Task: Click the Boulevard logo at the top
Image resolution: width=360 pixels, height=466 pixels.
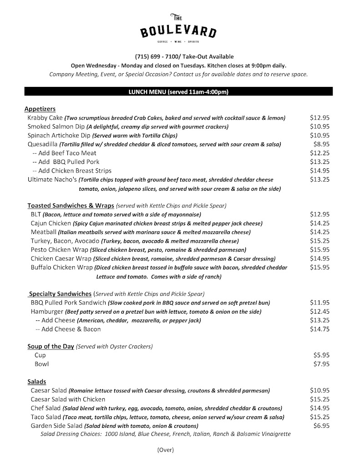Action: [178, 28]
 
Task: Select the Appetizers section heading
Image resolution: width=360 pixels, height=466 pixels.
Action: [40, 109]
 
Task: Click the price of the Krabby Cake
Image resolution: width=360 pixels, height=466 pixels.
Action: [319, 118]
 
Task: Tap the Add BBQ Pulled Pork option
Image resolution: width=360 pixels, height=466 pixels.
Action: [66, 162]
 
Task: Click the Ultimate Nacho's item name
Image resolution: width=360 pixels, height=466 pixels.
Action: [52, 179]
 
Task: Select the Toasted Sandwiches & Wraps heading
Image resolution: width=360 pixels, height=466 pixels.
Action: [71, 205]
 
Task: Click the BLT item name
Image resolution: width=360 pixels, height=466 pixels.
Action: [36, 214]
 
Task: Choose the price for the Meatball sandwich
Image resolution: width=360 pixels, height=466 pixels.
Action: [319, 232]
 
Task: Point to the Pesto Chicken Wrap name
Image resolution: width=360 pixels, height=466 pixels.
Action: [59, 249]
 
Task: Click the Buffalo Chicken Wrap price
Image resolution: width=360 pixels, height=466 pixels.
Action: [319, 267]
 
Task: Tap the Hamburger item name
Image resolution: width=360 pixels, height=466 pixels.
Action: [47, 311]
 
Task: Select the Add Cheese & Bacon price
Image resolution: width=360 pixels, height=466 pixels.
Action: [319, 329]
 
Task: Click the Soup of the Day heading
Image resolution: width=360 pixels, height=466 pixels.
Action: [51, 346]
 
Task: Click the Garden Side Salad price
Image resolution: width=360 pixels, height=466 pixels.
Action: [321, 425]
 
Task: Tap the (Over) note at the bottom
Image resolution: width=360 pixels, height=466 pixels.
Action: [165, 450]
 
